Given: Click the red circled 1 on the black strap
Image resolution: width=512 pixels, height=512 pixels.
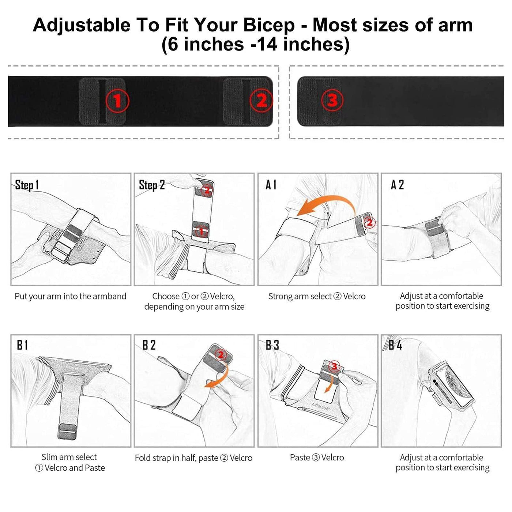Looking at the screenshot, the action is coord(117,101).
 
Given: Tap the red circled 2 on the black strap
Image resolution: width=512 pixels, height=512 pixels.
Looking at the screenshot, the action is coord(261,101).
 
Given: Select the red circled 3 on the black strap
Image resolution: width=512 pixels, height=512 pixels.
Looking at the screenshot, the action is coord(332,100).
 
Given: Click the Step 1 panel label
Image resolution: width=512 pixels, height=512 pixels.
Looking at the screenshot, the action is coord(27,185).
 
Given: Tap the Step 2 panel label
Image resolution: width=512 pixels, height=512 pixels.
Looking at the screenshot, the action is coord(152,185).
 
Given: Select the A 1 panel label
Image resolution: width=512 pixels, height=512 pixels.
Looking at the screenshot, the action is coord(271,185).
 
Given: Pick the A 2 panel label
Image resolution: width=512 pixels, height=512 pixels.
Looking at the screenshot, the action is coord(397,185).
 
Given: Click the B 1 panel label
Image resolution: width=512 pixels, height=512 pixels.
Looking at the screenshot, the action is coord(22,345).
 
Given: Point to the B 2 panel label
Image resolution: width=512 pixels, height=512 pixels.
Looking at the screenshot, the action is coord(149,345).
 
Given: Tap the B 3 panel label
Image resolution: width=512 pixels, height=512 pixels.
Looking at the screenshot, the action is coord(272,345).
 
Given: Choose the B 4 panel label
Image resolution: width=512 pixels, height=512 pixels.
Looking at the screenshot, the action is coord(395,345).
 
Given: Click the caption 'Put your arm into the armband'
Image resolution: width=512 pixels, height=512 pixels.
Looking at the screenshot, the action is coord(71,297).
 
